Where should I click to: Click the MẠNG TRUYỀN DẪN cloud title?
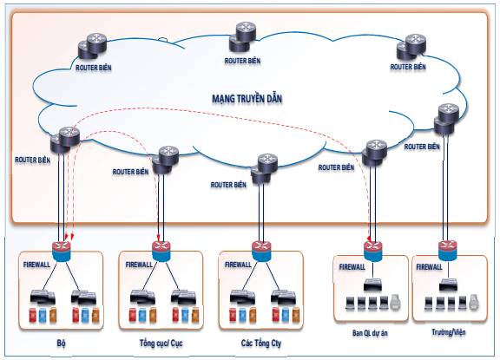[x=247, y=99]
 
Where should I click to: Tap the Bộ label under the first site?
[x=62, y=344]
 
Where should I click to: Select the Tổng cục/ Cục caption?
[x=161, y=344]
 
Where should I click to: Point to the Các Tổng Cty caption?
[x=261, y=344]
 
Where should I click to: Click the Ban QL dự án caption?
[x=370, y=333]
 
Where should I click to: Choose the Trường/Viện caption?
[x=448, y=332]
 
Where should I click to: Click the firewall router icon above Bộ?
[x=62, y=251]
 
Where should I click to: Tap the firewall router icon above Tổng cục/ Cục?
[x=161, y=251]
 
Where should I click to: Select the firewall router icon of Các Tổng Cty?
[x=261, y=251]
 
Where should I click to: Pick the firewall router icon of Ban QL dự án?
[x=372, y=251]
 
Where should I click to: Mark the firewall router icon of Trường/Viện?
[x=448, y=251]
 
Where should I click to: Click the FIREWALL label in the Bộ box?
[x=36, y=265]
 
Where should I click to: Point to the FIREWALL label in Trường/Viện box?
[x=429, y=267]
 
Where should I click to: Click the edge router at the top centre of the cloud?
[x=242, y=36]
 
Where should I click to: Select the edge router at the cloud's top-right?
[x=411, y=47]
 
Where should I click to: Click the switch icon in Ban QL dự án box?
[x=372, y=285]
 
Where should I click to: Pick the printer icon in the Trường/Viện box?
[x=474, y=303]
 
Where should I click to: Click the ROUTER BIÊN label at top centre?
[x=242, y=61]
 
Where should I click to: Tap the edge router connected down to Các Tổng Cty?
[x=264, y=169]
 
